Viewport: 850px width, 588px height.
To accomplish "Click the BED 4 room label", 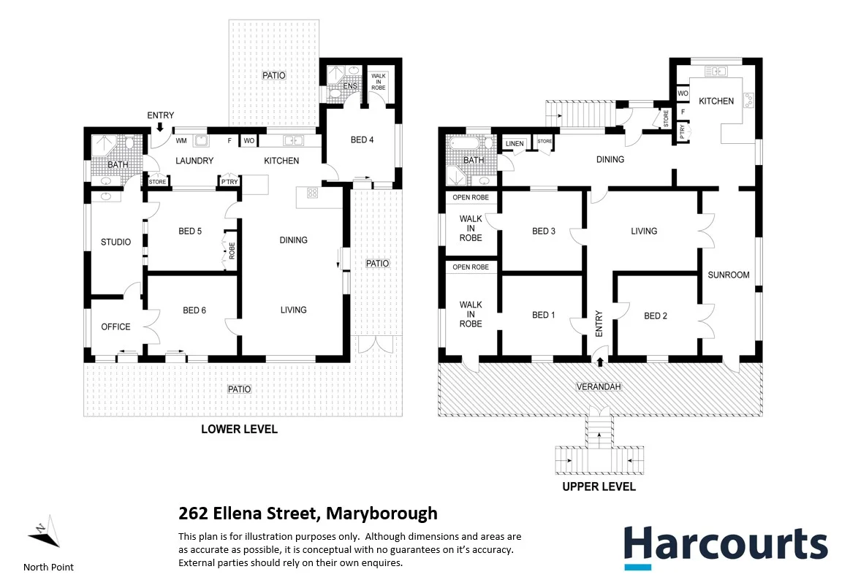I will pos(363,140).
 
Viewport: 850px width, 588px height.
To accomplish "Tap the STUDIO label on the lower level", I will pos(115,242).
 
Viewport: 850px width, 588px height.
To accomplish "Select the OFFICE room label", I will pos(115,327).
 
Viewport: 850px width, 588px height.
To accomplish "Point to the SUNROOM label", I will pos(729,275).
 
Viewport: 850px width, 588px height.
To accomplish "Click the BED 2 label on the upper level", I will pos(656,316).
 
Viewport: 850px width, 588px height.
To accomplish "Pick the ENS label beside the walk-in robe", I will pos(351,86).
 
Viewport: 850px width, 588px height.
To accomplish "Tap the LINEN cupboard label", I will pos(515,144).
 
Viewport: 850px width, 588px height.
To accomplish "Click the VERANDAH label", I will pos(599,386).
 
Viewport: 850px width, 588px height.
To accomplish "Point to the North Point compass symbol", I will pos(45,534).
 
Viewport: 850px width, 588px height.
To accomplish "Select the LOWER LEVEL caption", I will pos(239,429).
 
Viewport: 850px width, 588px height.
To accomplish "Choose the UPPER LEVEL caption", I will pos(599,486).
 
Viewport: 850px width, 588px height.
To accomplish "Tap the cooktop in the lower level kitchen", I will pos(311,193).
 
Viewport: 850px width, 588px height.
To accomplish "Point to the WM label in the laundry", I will pos(180,140).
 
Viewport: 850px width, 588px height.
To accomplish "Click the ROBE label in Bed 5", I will pos(232,251).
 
